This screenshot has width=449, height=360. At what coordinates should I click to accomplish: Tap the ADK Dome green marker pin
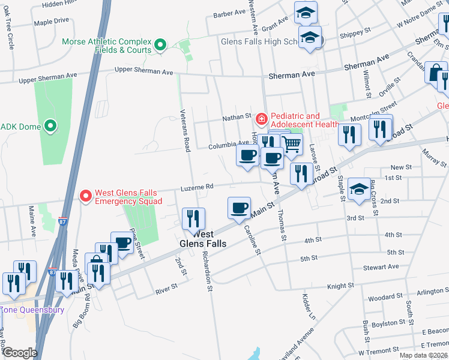pyautogui.click(x=50, y=127)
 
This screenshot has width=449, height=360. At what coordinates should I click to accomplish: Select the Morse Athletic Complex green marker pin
pyautogui.click(x=160, y=45)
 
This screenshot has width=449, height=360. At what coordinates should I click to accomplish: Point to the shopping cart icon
pyautogui.click(x=292, y=144)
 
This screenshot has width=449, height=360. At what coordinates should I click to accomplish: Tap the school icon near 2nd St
pyautogui.click(x=359, y=189)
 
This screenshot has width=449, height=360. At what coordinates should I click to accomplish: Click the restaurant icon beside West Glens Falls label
pyautogui.click(x=193, y=219)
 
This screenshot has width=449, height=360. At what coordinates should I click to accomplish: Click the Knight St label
pyautogui.click(x=341, y=286)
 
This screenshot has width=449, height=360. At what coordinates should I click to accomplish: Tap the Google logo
pyautogui.click(x=20, y=353)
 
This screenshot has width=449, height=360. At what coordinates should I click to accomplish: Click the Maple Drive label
pyautogui.click(x=52, y=21)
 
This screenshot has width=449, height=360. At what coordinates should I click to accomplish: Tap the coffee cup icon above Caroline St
pyautogui.click(x=239, y=208)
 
